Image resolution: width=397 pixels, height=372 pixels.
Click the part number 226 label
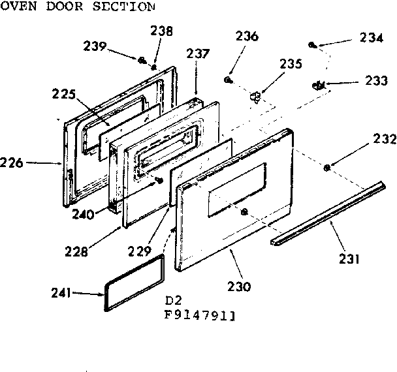tap(12, 163)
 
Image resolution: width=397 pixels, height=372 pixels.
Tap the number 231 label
tap(349, 259)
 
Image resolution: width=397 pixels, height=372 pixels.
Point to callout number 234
tap(371, 38)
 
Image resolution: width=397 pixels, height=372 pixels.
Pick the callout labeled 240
tap(101, 213)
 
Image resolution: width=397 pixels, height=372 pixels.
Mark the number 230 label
tap(240, 287)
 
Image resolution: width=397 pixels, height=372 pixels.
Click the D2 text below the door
tap(173, 302)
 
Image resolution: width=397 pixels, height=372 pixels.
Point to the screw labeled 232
tap(326, 168)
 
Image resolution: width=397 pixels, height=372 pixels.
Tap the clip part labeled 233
tap(319, 84)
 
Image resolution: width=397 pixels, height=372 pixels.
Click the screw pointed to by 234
tap(313, 45)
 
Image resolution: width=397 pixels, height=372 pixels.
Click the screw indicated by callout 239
tap(141, 60)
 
